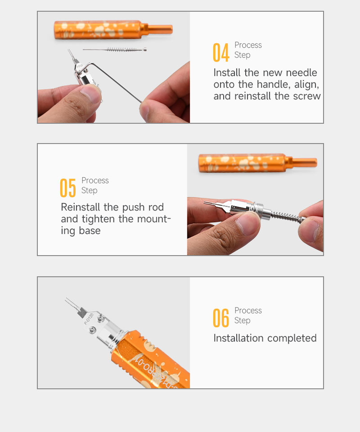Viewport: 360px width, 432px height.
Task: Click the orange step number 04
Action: click(221, 52)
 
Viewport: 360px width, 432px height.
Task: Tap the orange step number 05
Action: click(68, 188)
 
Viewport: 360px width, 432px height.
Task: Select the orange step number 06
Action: click(221, 318)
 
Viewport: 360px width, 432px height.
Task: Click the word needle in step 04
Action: click(301, 73)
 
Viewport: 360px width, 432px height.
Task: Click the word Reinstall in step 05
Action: click(81, 207)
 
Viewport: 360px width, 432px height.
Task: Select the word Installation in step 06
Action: click(238, 338)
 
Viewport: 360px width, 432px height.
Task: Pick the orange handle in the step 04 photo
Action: click(113, 30)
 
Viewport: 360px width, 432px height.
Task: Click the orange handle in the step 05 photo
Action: click(257, 163)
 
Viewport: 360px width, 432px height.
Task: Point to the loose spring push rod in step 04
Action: click(115, 49)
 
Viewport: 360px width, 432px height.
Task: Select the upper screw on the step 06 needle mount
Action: click(100, 319)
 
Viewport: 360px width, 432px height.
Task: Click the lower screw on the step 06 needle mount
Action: click(93, 329)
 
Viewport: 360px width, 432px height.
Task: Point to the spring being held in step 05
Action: click(287, 216)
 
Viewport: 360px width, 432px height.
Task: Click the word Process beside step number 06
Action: click(248, 310)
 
